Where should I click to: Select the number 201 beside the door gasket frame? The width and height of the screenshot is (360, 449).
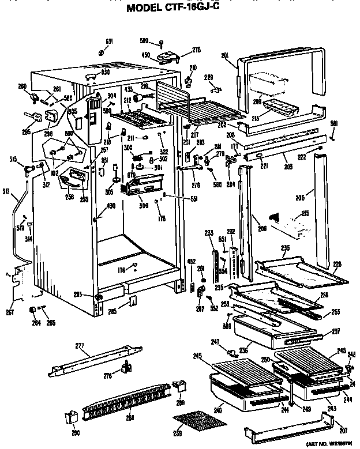[x=225, y=56]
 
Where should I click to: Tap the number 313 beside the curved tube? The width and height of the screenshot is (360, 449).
[x=6, y=192]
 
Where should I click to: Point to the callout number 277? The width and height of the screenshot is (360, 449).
[x=79, y=346]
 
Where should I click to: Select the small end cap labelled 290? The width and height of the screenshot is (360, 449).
[x=74, y=416]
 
